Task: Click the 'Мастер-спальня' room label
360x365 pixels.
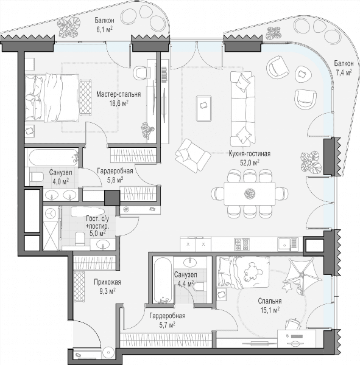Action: (118, 94)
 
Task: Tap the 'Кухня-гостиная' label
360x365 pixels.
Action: (250, 154)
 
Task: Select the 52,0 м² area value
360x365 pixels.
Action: (250, 162)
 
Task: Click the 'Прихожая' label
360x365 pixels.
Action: (107, 282)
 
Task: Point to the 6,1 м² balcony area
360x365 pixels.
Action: (104, 29)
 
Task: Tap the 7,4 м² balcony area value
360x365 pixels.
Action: (344, 72)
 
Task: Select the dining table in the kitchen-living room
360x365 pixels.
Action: (250, 193)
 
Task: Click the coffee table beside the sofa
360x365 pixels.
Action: (204, 108)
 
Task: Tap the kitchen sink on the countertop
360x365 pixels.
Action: (288, 245)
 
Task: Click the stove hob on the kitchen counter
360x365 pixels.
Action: (242, 244)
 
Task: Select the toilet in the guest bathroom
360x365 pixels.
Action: (80, 238)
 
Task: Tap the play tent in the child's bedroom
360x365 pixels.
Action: (302, 276)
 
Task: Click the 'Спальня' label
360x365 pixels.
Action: (269, 301)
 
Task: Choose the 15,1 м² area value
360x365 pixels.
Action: (270, 310)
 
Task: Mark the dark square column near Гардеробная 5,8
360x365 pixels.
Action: (112, 198)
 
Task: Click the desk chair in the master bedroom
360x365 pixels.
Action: (142, 72)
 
